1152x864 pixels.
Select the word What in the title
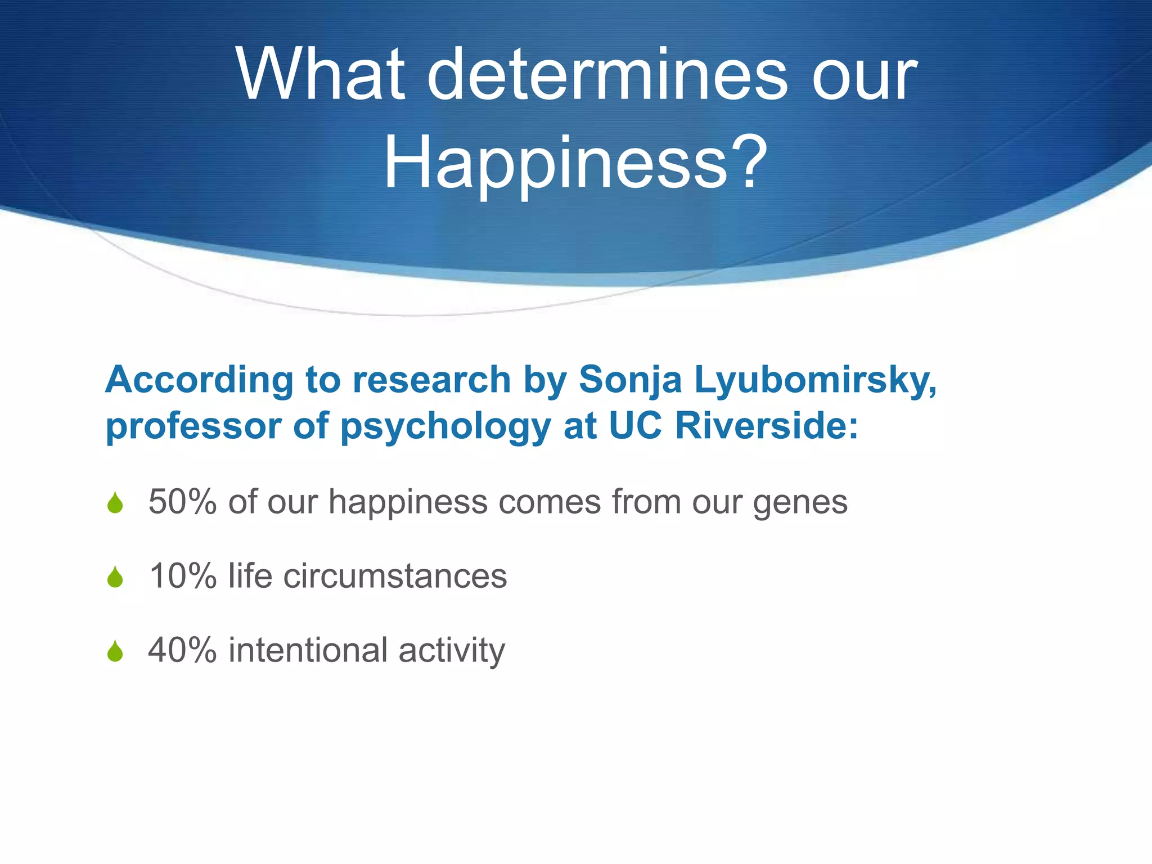point(321,76)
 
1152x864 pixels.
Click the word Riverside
point(766,426)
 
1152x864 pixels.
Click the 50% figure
point(182,502)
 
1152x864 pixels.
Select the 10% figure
point(182,576)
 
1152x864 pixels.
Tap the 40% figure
point(182,650)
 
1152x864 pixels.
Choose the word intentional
point(308,650)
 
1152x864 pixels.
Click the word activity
point(452,651)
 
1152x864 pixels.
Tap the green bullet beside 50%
point(115,503)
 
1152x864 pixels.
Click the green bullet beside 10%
point(115,577)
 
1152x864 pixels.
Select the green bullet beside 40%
point(115,651)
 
